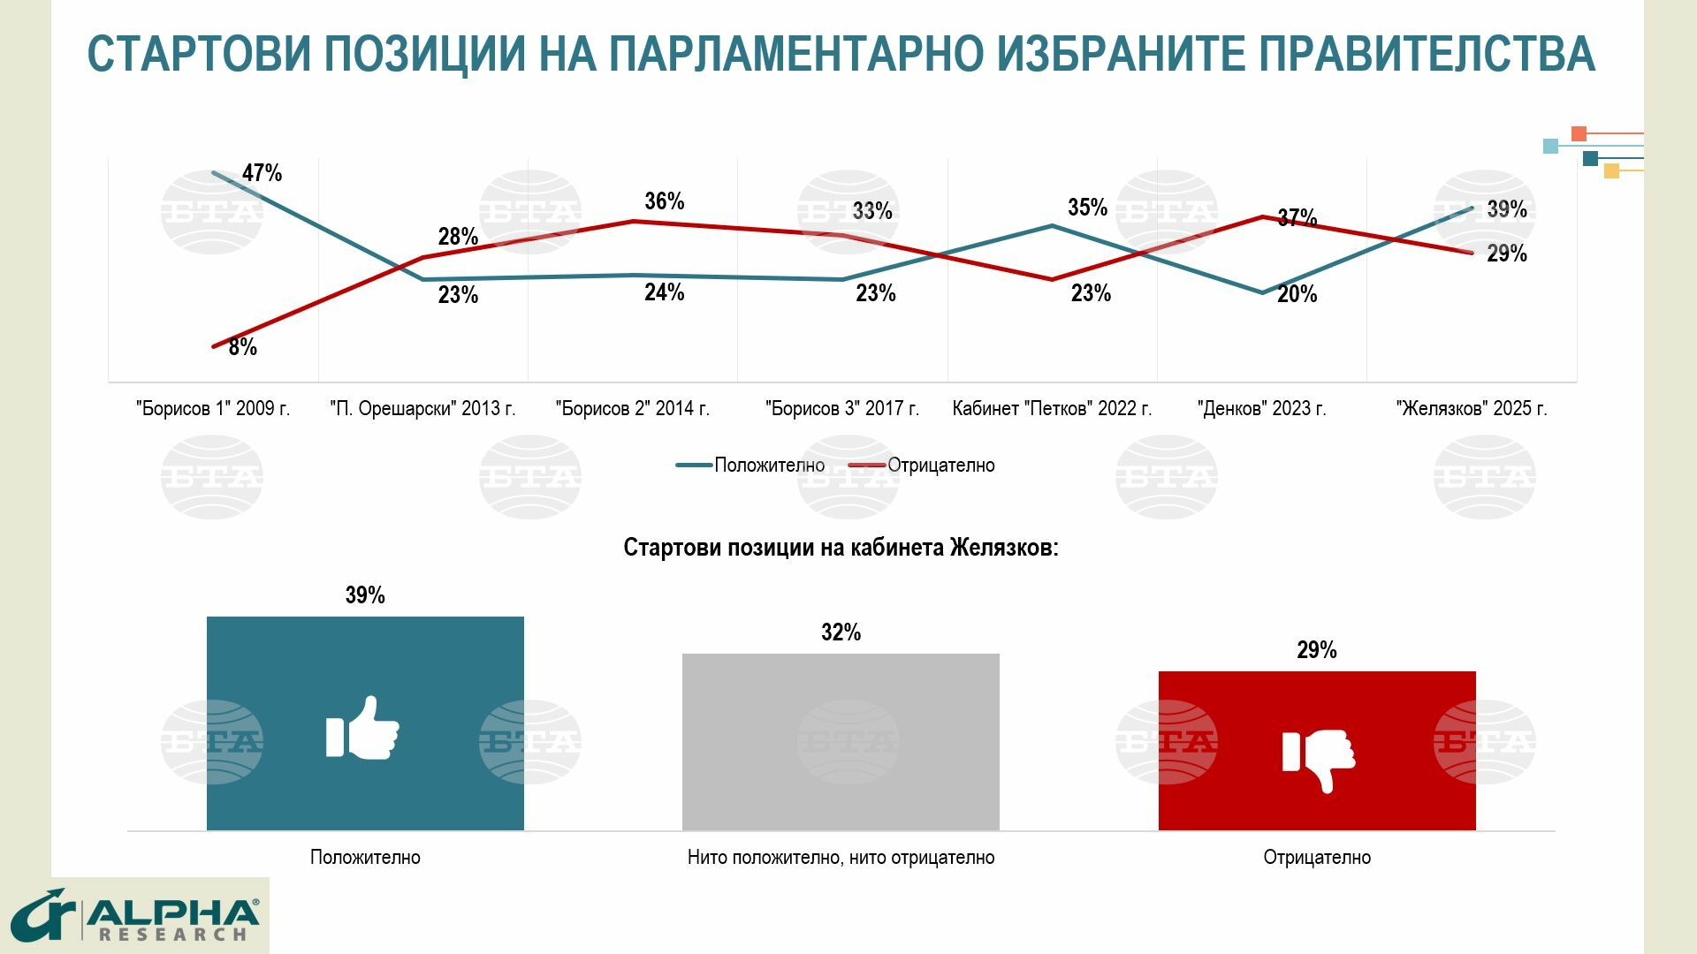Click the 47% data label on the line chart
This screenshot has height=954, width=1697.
pos(262,173)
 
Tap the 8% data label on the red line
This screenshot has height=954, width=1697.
pos(242,347)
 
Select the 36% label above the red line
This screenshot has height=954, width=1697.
pos(664,201)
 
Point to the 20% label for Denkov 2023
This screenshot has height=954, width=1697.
pos(1297,294)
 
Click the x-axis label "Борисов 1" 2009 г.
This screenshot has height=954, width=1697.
pos(213,409)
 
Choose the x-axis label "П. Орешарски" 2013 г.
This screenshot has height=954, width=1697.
pos(422,409)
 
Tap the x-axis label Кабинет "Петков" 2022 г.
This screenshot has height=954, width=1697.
pos(1052,409)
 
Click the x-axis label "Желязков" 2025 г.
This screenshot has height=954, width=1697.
pos(1472,409)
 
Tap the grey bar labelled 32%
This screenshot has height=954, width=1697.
pos(841,742)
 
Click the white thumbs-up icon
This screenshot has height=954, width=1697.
pos(362,729)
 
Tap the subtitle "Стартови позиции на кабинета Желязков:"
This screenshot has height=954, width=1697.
pos(841,548)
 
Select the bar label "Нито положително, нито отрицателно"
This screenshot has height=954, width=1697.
pos(841,858)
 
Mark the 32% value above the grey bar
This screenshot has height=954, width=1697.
pos(841,632)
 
